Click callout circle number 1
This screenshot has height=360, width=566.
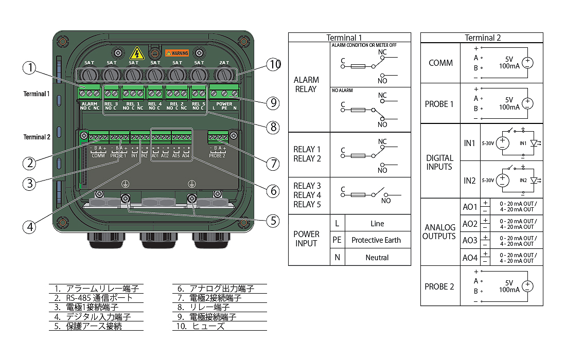(31, 68)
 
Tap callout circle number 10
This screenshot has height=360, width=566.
(274, 64)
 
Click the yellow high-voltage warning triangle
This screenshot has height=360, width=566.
(136, 53)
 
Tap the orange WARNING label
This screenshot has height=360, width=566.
(177, 53)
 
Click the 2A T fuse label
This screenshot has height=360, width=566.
(224, 63)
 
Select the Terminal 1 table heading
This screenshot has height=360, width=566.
(349, 38)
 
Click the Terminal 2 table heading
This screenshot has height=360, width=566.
(482, 38)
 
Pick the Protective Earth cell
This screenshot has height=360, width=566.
(377, 240)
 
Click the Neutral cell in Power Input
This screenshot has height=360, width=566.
(377, 257)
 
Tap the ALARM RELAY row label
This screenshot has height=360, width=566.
(306, 84)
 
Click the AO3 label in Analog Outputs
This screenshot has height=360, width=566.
(470, 240)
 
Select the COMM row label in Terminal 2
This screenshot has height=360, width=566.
(440, 63)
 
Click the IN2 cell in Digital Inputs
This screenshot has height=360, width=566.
(469, 181)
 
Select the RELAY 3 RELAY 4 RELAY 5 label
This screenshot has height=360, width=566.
(307, 195)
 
